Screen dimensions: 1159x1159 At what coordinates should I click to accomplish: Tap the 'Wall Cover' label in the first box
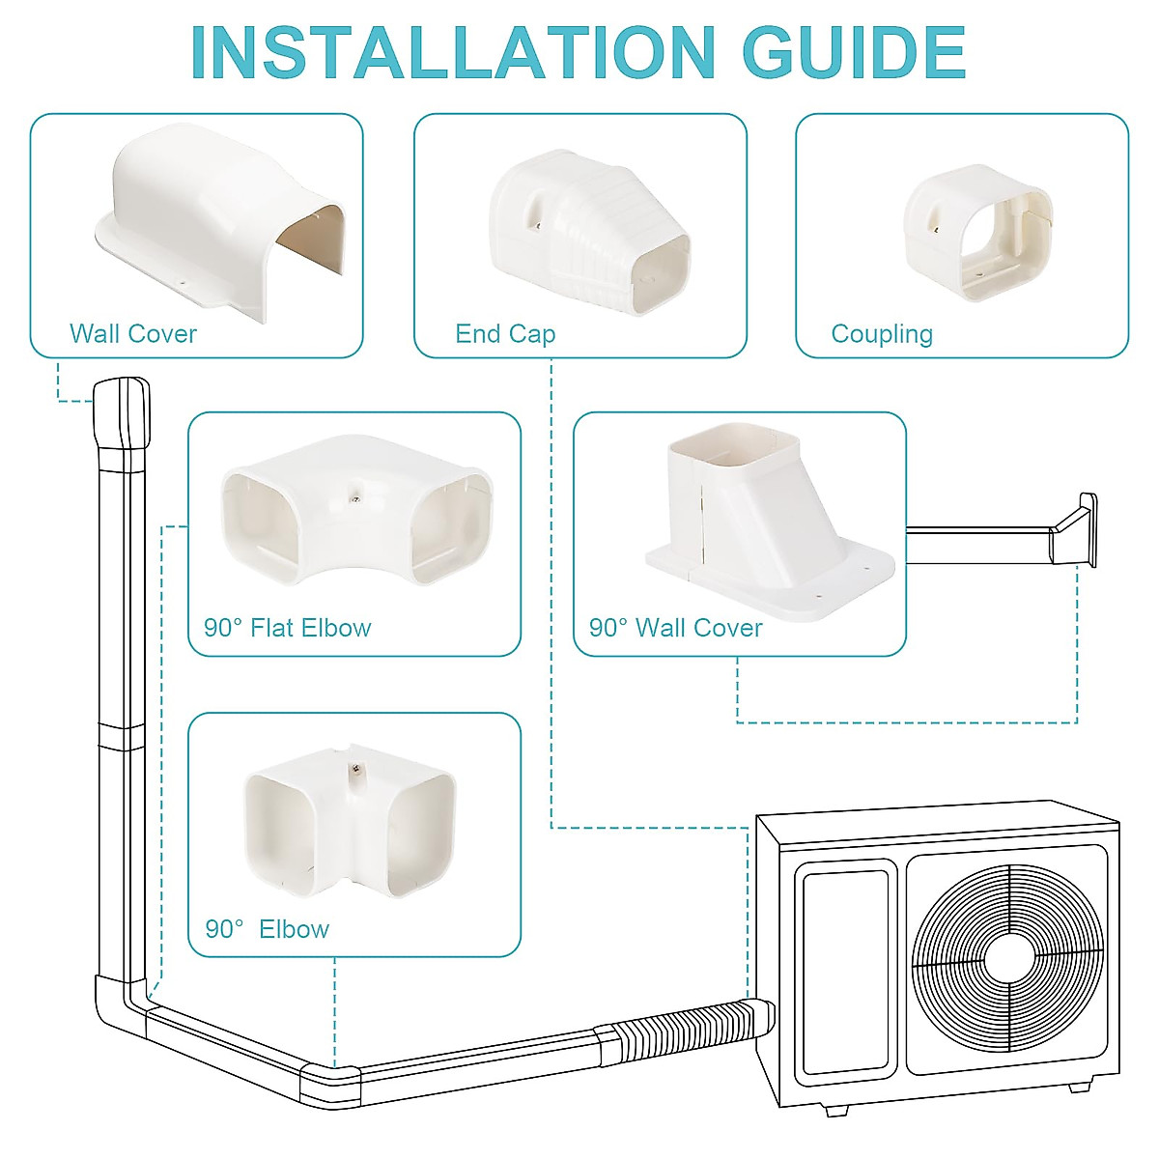click(133, 334)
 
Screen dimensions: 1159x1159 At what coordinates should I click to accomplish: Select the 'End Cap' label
click(505, 334)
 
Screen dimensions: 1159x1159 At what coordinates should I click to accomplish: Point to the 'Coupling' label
click(882, 334)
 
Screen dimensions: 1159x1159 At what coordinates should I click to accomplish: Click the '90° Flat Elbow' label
click(287, 628)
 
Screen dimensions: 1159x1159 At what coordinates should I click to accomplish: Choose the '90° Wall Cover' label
click(675, 628)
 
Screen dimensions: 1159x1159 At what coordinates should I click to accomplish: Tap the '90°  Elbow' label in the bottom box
click(268, 929)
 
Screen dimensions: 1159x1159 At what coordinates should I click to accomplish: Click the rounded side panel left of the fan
click(845, 971)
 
